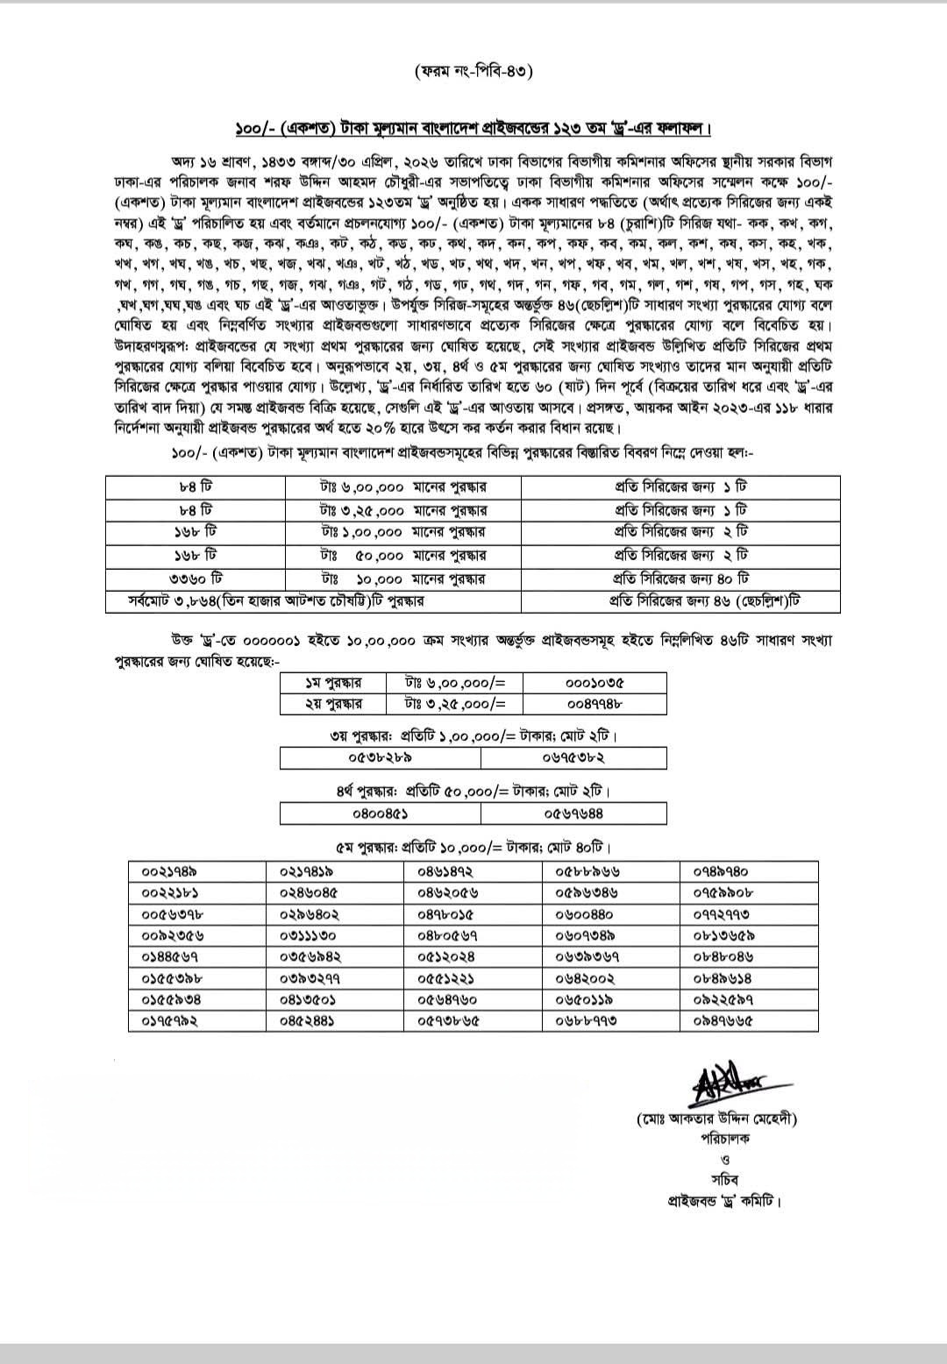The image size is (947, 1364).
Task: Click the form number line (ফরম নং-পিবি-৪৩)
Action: coord(473,71)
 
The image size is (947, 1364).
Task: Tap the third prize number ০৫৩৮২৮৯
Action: coord(380,757)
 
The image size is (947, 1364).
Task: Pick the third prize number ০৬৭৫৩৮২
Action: coord(573,757)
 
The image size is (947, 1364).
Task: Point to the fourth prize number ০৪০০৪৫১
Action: coord(380,813)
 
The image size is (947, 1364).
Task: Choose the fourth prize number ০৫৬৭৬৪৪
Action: coord(573,813)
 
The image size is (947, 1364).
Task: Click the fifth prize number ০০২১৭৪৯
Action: coord(168,871)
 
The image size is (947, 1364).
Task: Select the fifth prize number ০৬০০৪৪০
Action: coord(585,914)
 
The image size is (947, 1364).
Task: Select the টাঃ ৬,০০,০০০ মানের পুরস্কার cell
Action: coord(404,487)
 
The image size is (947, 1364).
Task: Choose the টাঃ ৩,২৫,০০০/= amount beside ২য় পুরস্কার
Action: coord(456,703)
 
